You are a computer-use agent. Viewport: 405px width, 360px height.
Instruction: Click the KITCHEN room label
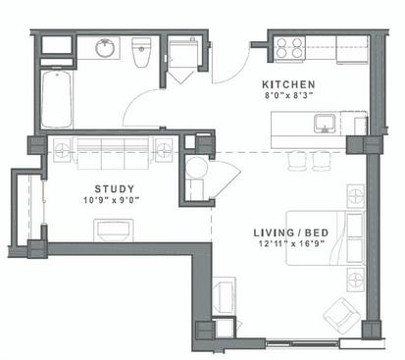pos(288,84)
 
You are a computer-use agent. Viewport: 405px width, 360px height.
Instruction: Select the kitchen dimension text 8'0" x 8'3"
pos(289,96)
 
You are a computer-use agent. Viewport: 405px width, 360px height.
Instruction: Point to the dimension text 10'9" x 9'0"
pos(111,200)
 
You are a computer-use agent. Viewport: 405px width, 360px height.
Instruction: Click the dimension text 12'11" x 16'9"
pos(291,243)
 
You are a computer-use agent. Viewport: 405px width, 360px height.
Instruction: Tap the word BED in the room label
pos(317,232)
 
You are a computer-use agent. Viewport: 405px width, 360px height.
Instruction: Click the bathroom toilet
pos(141,52)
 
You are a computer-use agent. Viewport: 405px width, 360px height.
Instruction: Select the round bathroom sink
pos(105,48)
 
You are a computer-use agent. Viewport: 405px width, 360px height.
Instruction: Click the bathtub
pos(57,99)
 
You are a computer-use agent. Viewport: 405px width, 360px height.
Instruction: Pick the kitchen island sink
pos(325,124)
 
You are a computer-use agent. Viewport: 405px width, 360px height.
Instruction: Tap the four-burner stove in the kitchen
pos(289,48)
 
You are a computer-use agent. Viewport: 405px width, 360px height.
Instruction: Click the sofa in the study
pos(113,153)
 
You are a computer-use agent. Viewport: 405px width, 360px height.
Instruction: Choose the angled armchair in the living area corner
pos(342,314)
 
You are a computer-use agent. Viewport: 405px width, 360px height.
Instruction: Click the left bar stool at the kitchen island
pos(297,161)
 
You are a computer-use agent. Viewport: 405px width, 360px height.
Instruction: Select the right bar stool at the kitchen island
pos(322,161)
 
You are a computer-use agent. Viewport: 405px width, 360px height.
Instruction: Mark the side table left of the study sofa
pos(62,150)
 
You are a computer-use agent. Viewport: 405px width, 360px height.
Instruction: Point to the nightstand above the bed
pos(356,196)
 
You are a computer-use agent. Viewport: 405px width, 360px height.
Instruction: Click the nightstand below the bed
pos(356,280)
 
